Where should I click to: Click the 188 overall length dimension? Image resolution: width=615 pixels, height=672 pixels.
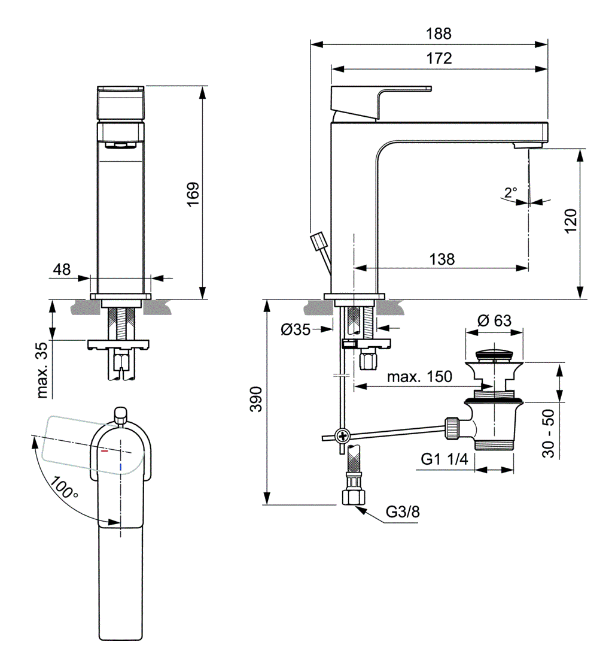tap(439, 34)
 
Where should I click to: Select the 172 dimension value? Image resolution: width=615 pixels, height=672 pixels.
tap(439, 59)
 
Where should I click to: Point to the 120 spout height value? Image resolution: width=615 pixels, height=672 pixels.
tap(570, 221)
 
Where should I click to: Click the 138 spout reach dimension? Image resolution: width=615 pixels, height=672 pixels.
tap(442, 259)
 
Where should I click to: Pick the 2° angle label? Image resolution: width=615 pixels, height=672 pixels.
tap(510, 193)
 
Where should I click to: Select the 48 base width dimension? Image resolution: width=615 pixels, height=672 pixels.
tap(62, 270)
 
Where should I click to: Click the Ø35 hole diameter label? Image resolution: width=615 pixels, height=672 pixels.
tap(296, 329)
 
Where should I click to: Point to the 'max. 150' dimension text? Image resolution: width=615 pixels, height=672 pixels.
tap(419, 377)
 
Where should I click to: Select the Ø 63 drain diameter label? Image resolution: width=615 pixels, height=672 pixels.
tap(495, 320)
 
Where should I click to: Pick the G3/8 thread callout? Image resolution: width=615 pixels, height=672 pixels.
tap(403, 512)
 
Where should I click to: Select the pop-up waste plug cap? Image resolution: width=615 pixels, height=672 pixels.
tap(494, 352)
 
